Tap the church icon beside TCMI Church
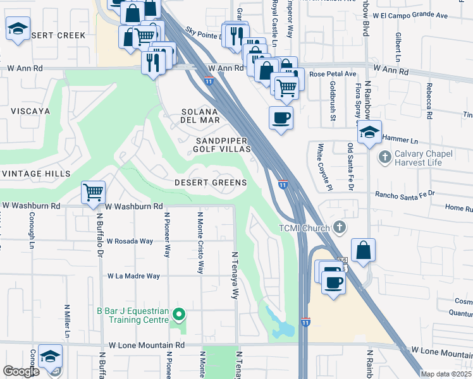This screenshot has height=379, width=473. (x=340, y=226)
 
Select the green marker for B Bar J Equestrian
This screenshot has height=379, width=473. (x=179, y=314)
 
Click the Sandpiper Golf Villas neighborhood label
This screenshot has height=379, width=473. (x=223, y=145)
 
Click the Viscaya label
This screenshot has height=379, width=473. (x=30, y=111)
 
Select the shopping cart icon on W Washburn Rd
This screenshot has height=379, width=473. (x=94, y=192)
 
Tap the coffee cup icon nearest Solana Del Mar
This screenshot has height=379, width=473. (x=281, y=117)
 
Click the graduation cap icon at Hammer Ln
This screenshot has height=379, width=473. (x=370, y=131)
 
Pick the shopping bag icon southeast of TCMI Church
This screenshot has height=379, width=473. (x=364, y=250)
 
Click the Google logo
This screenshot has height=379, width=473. (x=21, y=371)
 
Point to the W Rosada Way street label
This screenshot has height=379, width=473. (x=130, y=241)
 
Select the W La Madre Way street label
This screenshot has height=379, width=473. (x=133, y=276)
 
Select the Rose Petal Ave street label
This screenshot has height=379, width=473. (x=333, y=74)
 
